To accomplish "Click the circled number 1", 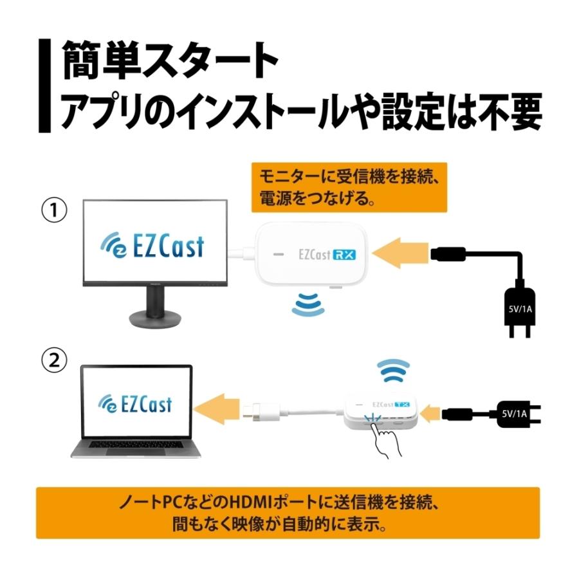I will [x=55, y=211].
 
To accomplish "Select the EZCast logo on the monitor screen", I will [x=152, y=245].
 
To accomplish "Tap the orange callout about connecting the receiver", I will [x=347, y=187].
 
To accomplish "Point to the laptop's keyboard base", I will [x=136, y=450].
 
